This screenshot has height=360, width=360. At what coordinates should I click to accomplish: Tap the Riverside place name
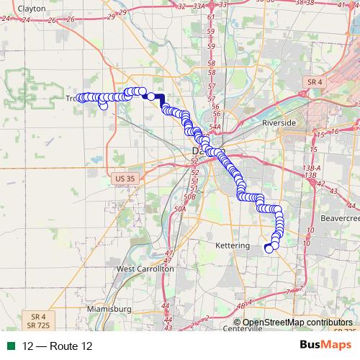279,123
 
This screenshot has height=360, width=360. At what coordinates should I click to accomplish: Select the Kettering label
233,246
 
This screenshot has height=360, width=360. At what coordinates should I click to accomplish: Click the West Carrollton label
145,268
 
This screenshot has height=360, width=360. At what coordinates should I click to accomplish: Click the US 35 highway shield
125,178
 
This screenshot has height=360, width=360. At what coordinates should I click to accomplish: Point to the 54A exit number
215,126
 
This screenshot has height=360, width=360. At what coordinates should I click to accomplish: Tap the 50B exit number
189,196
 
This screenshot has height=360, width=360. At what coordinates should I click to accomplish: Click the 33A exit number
199,5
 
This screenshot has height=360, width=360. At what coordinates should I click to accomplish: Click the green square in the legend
12,346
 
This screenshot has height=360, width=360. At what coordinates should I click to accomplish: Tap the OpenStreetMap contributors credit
298,323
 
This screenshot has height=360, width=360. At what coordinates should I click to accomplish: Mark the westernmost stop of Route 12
79,98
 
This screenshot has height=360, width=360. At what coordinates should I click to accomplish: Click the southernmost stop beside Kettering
269,249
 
